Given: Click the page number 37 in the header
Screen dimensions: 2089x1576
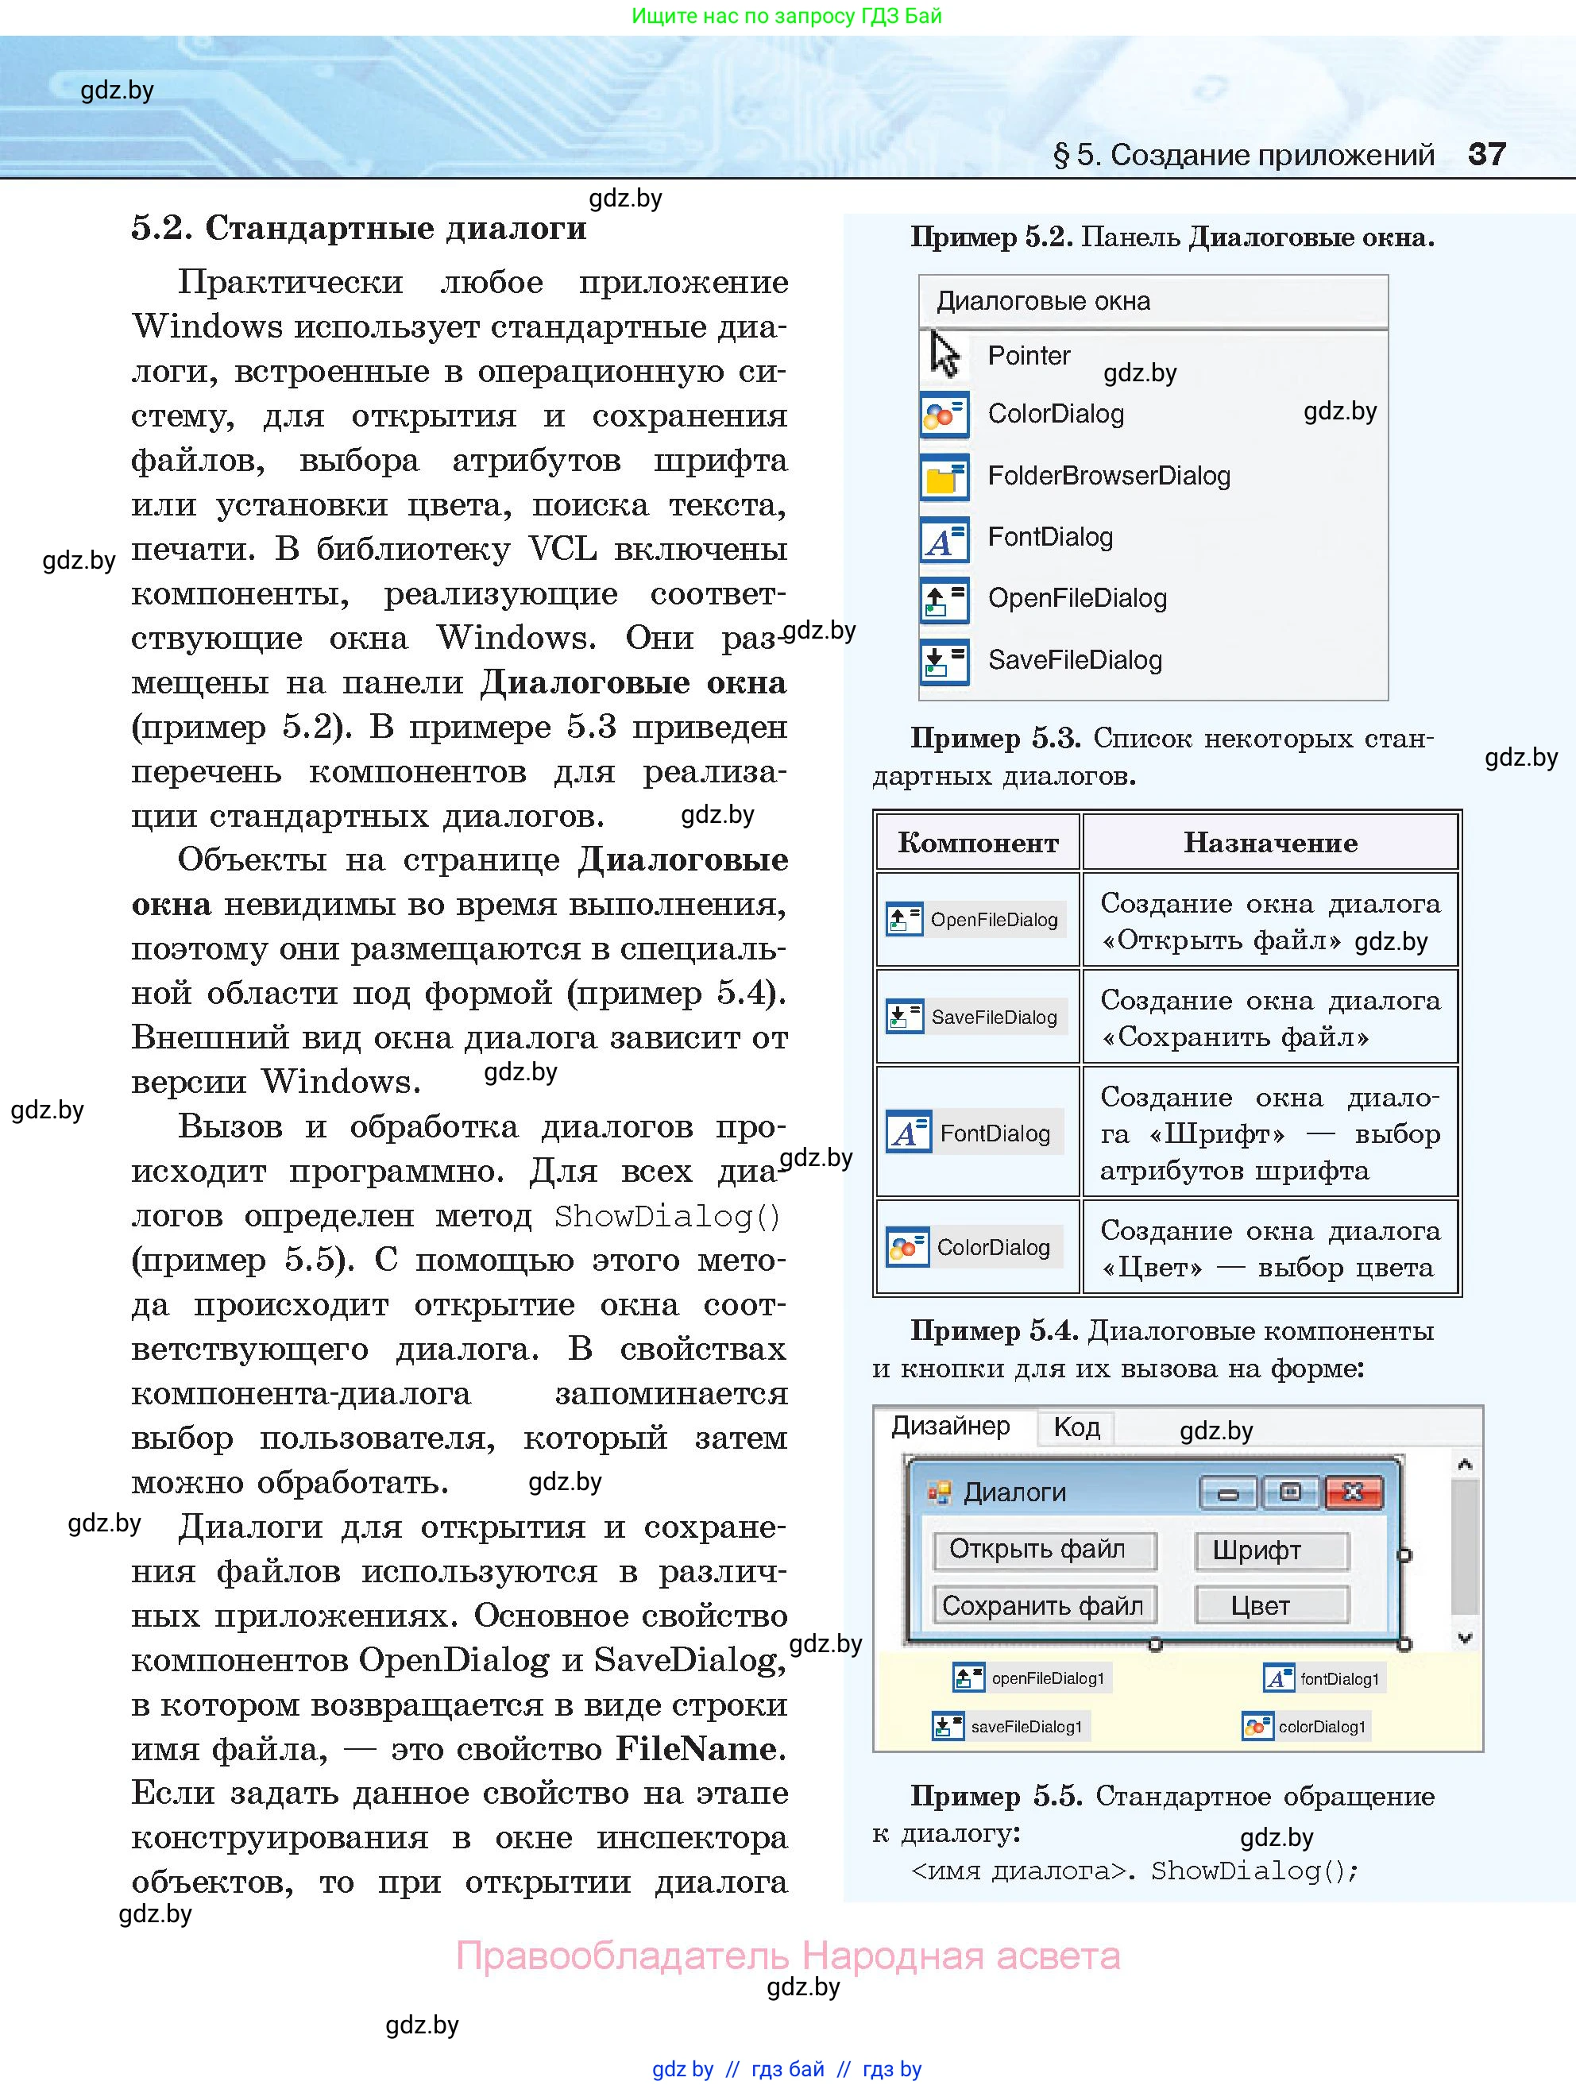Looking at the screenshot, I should [1486, 154].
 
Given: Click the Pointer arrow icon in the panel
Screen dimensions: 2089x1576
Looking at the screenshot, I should [944, 354].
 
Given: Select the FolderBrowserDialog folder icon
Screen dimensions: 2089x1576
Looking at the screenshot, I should [944, 477].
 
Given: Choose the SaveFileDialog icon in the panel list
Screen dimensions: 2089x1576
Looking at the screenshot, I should [944, 661].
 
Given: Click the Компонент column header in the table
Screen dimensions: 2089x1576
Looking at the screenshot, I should [977, 843].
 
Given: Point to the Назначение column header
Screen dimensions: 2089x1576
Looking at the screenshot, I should [1270, 843].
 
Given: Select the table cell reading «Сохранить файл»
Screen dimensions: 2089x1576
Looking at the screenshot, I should [1270, 1018].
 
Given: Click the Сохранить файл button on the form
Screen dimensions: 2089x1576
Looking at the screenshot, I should [1045, 1605].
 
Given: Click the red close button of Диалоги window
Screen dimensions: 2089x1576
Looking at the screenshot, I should [1353, 1492].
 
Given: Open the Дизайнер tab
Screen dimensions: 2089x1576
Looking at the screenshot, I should [951, 1426].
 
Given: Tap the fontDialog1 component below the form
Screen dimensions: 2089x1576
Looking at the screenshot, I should [1324, 1678].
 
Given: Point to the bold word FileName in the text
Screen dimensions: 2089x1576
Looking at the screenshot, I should [700, 1749].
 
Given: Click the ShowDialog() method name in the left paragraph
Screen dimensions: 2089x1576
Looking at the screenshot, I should [666, 1216].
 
